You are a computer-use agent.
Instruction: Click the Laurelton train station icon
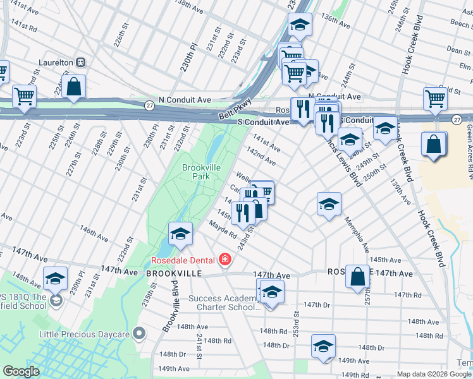click(x=80, y=63)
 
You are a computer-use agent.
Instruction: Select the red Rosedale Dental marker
click(x=224, y=259)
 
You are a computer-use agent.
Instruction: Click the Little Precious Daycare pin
click(x=139, y=333)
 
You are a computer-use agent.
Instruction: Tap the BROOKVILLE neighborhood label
click(x=173, y=274)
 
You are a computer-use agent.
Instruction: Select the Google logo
click(x=21, y=371)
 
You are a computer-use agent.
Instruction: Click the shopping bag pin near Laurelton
click(x=74, y=87)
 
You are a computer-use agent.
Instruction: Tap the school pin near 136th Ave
click(x=300, y=25)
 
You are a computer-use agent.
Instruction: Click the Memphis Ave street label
click(x=356, y=233)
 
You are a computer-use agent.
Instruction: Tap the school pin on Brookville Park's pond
click(x=180, y=234)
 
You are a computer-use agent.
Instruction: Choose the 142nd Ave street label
click(x=261, y=156)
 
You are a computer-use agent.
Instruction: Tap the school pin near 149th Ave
click(x=323, y=346)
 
